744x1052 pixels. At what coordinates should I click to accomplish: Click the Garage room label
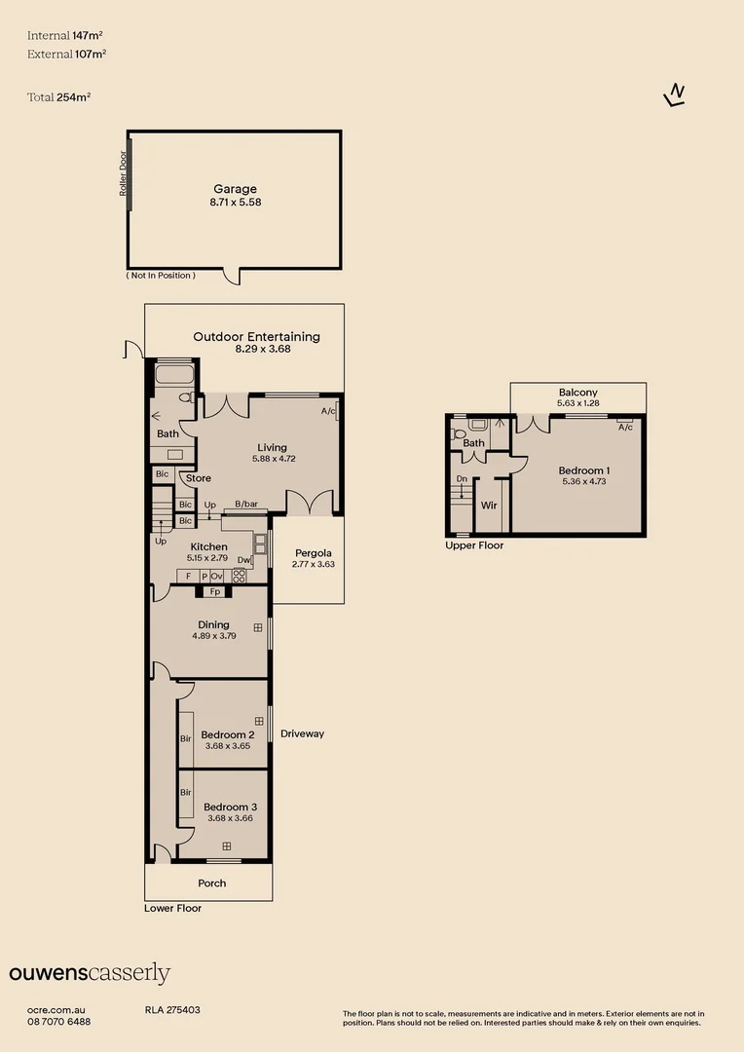point(235,189)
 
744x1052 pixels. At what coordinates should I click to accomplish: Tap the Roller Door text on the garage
point(123,173)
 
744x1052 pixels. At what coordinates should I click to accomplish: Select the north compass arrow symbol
point(675,95)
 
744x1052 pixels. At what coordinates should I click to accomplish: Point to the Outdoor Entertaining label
point(256,337)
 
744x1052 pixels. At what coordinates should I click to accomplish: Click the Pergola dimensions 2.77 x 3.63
point(314,564)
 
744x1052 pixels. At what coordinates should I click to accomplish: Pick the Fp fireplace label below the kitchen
point(215,592)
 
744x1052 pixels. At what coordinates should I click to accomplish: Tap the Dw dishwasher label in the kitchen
point(244,560)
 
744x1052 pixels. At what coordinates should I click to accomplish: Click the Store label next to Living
point(199,478)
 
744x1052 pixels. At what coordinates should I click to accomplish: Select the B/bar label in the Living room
point(246,504)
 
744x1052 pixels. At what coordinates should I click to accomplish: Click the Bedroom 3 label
point(230,808)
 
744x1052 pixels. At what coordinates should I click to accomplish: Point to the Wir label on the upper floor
point(489,506)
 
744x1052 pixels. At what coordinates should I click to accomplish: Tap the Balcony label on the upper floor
point(578,393)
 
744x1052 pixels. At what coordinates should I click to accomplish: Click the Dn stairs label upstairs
point(462,479)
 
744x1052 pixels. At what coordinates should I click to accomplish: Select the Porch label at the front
point(212,883)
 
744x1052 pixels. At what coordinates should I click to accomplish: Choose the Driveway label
point(303,734)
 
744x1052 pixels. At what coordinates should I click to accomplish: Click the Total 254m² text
point(59,97)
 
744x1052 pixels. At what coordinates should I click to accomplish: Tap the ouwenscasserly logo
point(90,973)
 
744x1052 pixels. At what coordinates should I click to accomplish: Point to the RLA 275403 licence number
point(172,1010)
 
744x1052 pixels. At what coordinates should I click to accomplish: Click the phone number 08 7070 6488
point(59,1022)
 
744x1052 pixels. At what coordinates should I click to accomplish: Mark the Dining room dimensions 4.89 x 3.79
point(214,636)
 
